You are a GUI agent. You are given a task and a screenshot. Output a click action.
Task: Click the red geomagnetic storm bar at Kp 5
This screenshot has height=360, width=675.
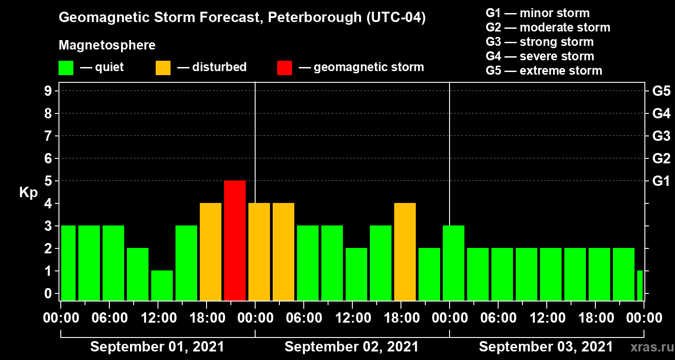[235, 240]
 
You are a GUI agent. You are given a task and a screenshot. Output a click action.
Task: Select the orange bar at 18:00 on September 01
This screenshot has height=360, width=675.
[211, 252]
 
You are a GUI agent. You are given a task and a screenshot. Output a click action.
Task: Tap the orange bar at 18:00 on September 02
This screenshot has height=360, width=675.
[405, 252]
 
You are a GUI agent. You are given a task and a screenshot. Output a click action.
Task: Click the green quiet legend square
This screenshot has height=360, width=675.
[66, 67]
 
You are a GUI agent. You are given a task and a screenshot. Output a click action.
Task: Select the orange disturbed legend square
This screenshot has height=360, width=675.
[163, 67]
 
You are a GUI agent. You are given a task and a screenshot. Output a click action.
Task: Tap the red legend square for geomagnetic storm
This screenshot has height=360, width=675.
[284, 67]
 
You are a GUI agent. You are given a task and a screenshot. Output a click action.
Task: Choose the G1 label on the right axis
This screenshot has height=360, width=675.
[661, 181]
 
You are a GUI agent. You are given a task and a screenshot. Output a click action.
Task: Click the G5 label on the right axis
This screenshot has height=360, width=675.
[661, 91]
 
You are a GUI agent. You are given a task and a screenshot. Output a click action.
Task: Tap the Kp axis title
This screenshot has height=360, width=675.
[28, 193]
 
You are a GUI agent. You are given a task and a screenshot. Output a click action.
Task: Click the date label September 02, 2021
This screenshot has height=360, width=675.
[351, 347]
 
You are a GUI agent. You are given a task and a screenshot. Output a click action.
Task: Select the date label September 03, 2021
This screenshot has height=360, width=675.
[546, 347]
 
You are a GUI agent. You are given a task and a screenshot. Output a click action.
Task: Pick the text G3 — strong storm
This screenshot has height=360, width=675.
[540, 42]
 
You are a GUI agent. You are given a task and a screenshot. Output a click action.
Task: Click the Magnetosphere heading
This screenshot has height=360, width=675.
[107, 45]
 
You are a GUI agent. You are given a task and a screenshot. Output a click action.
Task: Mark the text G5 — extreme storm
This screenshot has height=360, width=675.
[544, 71]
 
